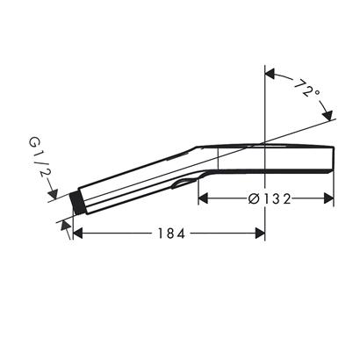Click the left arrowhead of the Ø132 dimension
pos(203,198)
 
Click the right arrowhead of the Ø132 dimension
pos(330,198)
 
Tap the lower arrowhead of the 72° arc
pos(328,117)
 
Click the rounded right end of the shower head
pos(335,161)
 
